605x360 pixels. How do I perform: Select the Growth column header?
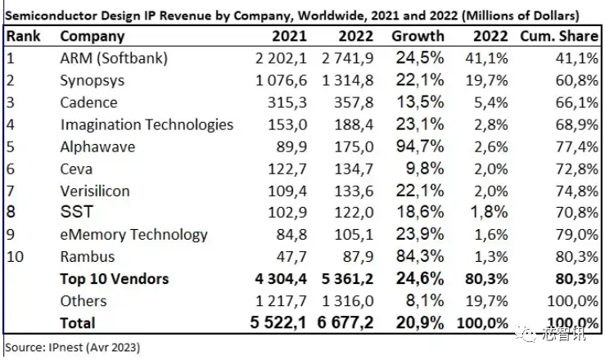[418, 37]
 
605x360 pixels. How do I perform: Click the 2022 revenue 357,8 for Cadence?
[353, 103]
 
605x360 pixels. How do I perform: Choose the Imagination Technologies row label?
[147, 125]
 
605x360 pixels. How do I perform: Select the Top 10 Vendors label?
[114, 279]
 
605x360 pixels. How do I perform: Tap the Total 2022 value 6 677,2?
[341, 322]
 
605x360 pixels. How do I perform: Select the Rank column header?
[24, 37]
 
